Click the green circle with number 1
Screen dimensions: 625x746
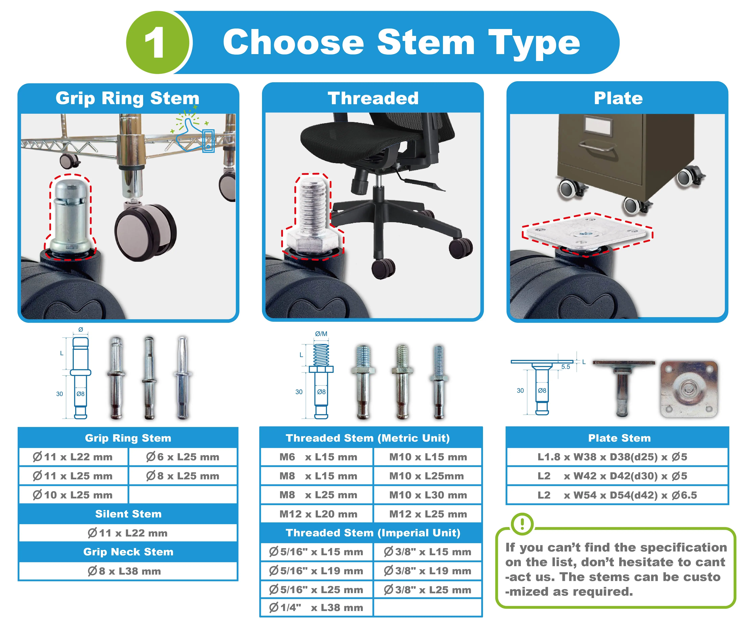tap(157, 43)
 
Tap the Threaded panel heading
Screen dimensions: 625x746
tap(373, 98)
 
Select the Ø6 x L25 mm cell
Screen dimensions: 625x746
tap(183, 457)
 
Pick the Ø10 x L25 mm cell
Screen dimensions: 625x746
tap(73, 495)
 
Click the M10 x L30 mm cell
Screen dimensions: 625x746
tap(428, 495)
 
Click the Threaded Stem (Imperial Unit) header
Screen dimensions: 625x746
tap(373, 533)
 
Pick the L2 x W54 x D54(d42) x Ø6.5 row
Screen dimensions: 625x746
tap(617, 495)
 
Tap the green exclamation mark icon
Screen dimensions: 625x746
tap(522, 524)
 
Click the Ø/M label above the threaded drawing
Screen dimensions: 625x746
tap(321, 334)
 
